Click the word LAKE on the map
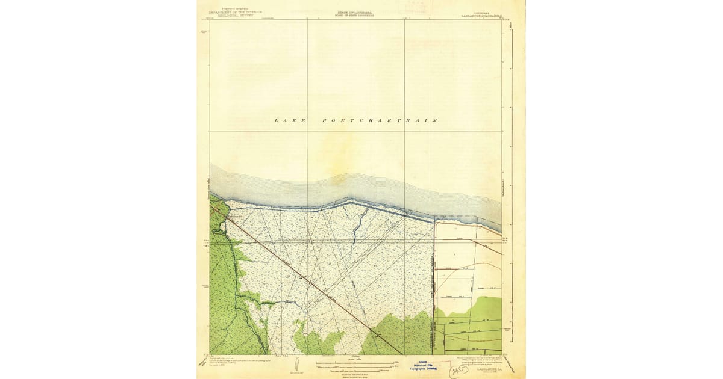[x=290, y=120]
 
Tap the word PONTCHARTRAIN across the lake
[x=380, y=120]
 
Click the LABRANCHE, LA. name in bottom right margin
[x=487, y=369]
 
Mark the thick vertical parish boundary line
[x=434, y=283]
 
